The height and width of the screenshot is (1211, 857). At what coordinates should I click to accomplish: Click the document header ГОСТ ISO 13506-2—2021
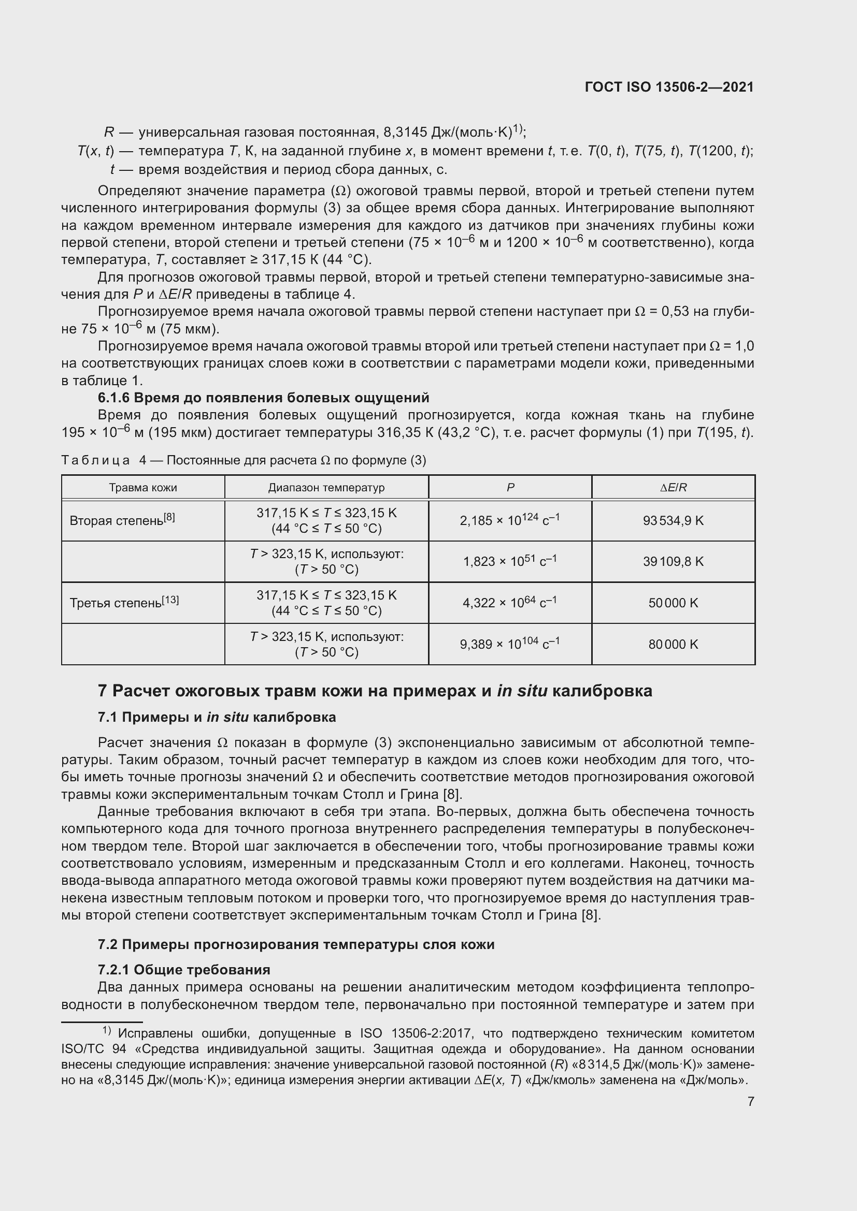(669, 87)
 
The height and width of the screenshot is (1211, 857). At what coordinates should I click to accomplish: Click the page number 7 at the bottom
(750, 1101)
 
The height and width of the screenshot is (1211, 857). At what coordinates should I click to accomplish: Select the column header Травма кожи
(143, 487)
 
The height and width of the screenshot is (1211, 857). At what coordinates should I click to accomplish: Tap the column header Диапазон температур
(326, 487)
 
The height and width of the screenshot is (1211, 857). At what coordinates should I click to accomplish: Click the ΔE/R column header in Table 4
(674, 487)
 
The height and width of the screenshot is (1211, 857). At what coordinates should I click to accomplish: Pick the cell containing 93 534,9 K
(674, 520)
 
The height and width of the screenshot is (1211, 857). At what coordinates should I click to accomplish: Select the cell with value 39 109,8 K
(674, 561)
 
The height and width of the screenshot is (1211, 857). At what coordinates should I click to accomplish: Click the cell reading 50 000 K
(674, 602)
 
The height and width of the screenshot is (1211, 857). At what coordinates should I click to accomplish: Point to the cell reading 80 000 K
(674, 644)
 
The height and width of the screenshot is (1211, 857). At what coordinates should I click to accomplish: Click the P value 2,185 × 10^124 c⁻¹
(510, 520)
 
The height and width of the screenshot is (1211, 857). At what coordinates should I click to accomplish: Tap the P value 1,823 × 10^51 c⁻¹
(510, 561)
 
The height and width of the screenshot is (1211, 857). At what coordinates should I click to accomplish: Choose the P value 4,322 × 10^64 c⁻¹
(510, 602)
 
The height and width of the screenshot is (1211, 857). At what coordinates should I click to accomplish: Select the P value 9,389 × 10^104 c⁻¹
(510, 644)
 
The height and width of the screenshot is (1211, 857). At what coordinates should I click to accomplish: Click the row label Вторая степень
(122, 520)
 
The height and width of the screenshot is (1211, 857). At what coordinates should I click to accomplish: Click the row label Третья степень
(124, 602)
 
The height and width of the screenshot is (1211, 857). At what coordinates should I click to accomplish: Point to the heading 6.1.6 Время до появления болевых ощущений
(263, 397)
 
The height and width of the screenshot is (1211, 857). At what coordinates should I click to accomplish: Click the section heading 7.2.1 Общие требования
(183, 969)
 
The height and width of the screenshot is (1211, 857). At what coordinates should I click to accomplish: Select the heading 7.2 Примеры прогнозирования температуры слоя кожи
(295, 944)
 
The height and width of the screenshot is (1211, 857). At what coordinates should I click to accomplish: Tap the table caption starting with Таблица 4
(244, 460)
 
